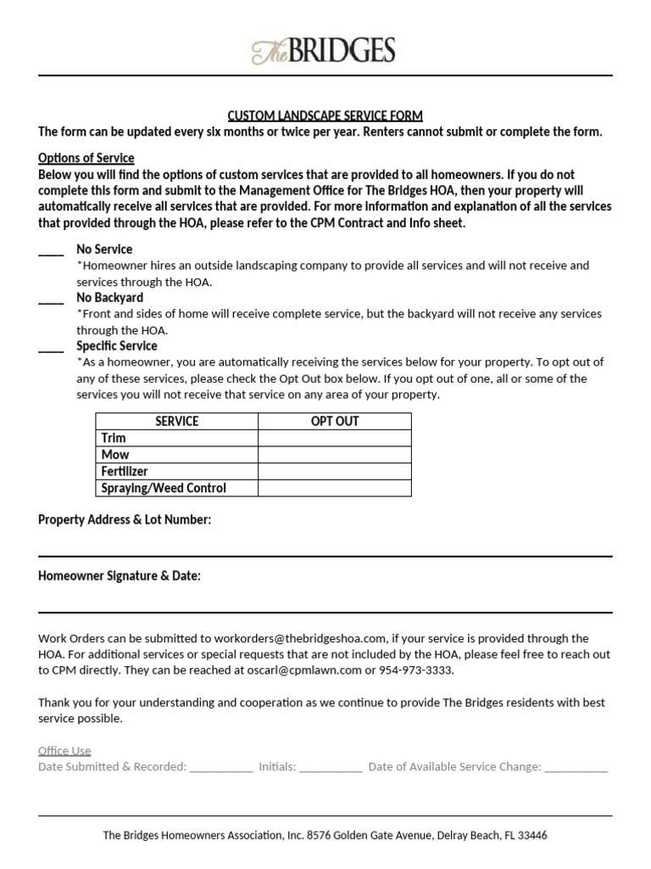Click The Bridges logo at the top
pyautogui.click(x=324, y=52)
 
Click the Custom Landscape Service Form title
pyautogui.click(x=325, y=115)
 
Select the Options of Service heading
pyautogui.click(x=86, y=158)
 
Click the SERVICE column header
pyautogui.click(x=176, y=422)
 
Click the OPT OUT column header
pyautogui.click(x=335, y=422)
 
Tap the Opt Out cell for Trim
pyautogui.click(x=335, y=438)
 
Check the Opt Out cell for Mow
pyautogui.click(x=335, y=455)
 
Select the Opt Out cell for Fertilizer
pyautogui.click(x=335, y=471)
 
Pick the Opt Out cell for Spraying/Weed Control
pyautogui.click(x=335, y=488)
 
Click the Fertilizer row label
pyautogui.click(x=125, y=471)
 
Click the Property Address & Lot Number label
pyautogui.click(x=125, y=519)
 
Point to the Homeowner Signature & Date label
pyautogui.click(x=120, y=576)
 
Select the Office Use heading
pyautogui.click(x=64, y=750)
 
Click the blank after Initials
pyautogui.click(x=331, y=767)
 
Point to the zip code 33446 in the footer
pyautogui.click(x=531, y=835)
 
